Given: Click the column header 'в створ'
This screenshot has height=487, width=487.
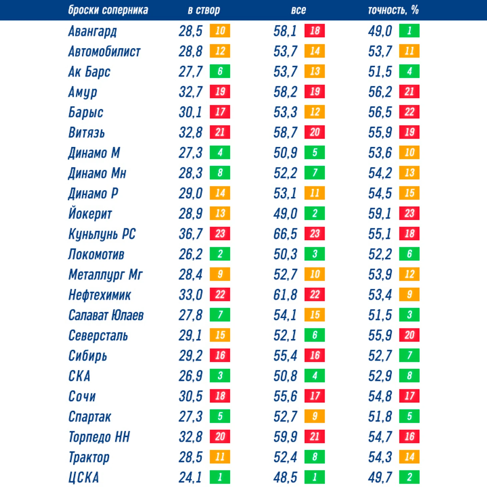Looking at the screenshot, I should click(x=203, y=10).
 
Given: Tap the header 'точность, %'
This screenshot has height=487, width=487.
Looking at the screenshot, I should click(x=393, y=10).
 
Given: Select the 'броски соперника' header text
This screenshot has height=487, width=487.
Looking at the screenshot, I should click(x=108, y=10).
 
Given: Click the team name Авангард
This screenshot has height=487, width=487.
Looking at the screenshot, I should click(x=92, y=31).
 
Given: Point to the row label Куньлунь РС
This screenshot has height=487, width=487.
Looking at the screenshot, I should click(x=102, y=234).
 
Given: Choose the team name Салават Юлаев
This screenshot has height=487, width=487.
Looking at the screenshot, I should click(x=106, y=315).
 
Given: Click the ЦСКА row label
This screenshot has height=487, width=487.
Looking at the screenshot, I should click(x=83, y=477).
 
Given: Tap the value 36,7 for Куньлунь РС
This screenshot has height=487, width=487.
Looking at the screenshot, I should click(x=190, y=234).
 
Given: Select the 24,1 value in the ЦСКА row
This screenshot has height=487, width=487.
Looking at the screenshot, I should click(x=190, y=477).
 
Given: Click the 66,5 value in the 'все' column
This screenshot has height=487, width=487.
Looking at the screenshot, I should click(x=285, y=234).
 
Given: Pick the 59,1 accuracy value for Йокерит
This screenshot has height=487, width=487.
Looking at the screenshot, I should click(x=380, y=213).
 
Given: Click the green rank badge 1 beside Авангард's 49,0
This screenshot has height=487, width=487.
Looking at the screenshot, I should click(x=409, y=31).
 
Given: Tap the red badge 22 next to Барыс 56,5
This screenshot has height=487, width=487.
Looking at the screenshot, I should click(x=409, y=112).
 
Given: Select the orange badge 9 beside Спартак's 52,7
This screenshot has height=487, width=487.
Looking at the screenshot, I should click(x=315, y=416).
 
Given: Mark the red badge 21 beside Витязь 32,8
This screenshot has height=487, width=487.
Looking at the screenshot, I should click(x=220, y=132).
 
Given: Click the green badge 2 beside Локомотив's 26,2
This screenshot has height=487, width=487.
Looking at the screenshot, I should click(x=220, y=254).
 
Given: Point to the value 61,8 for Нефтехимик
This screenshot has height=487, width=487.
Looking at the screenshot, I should click(x=285, y=295).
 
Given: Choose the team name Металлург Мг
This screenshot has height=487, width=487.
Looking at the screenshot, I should click(x=105, y=275).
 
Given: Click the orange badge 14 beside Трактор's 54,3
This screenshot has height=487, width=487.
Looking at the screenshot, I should click(x=409, y=457).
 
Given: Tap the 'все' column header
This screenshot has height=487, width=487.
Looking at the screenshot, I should click(x=298, y=10).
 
